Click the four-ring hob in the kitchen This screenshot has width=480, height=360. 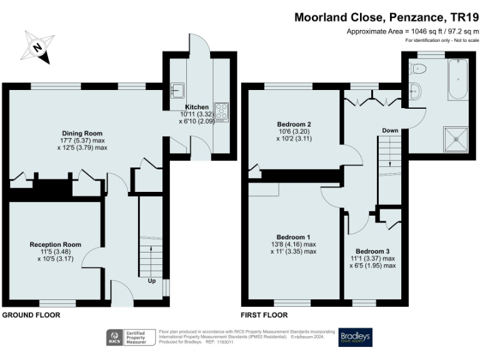[221, 111]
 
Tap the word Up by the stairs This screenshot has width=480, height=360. [152, 281]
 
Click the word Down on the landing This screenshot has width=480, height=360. [390, 131]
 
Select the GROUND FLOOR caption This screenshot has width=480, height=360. [31, 316]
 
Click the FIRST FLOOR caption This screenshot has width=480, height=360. [264, 316]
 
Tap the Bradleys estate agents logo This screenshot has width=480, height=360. [354, 337]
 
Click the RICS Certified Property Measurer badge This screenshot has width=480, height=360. [129, 337]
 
